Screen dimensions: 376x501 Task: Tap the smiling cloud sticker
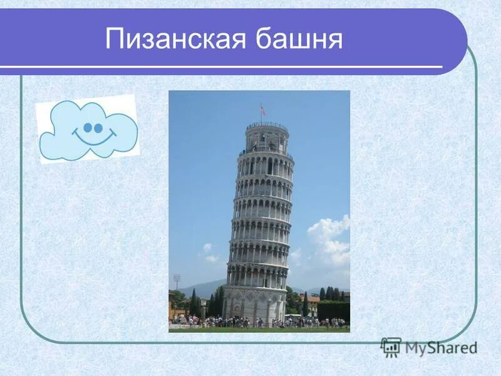click(x=87, y=129)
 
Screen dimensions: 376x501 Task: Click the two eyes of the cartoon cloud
click(x=93, y=128)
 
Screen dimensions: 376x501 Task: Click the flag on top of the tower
click(x=262, y=110)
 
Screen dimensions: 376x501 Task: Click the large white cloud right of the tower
click(x=329, y=241)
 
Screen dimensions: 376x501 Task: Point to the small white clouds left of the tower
click(x=209, y=253)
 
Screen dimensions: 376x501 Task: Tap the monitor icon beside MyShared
click(x=391, y=347)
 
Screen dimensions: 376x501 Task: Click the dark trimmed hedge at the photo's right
click(x=333, y=310)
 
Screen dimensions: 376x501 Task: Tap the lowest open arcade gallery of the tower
click(x=257, y=274)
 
